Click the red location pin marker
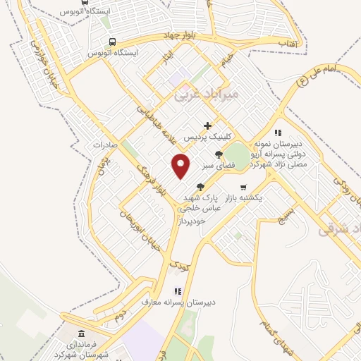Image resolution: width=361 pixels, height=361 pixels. click(x=181, y=166)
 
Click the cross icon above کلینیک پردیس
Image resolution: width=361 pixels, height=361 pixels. click(x=207, y=126)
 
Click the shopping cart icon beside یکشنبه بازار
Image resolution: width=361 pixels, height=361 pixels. click(x=243, y=188)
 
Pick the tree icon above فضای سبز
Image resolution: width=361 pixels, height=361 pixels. click(x=219, y=154)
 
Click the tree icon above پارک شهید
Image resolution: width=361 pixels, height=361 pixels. click(x=201, y=187)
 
